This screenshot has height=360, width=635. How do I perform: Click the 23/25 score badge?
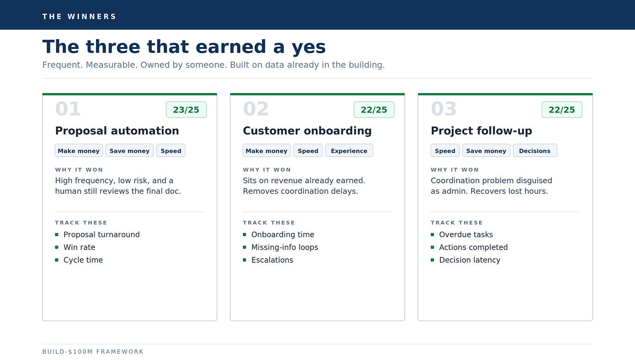coord(186,110)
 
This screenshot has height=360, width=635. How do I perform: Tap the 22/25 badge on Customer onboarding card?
coord(374,110)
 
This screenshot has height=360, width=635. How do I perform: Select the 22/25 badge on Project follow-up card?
coord(562,110)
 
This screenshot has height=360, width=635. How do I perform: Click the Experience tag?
coord(349,151)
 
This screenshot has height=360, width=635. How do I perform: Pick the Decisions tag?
coord(535,151)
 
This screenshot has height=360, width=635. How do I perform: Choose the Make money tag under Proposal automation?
coord(79,151)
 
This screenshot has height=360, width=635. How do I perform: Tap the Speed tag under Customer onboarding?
coord(308,151)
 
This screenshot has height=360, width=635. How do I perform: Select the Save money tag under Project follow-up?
coord(486,151)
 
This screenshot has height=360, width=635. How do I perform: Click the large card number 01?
coord(68,109)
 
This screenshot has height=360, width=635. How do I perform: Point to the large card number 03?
coord(444,109)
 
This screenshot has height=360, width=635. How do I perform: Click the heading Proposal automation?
coord(117,131)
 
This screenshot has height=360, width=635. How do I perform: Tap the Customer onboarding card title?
coord(307,131)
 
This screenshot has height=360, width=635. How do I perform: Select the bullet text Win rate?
coord(79,247)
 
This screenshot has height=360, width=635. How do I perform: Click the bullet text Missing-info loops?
coord(285,247)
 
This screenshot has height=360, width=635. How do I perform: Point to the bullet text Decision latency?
coord(470,260)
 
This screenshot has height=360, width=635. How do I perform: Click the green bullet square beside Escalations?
coord(245,260)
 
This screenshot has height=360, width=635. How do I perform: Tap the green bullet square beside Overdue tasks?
coord(432,235)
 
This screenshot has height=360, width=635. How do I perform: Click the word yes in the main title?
coord(309,47)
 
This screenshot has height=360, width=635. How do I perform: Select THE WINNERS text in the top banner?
coord(79,17)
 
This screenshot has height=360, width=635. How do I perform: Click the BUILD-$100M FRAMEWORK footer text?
coord(93,352)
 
